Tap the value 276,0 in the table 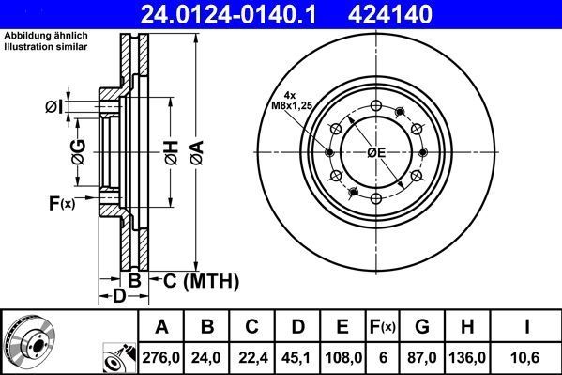(161, 356)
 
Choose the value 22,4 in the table (251, 356)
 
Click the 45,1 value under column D (296, 356)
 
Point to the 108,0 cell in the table (342, 356)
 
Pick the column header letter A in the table (161, 327)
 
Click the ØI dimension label (54, 106)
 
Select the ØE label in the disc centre (376, 152)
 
